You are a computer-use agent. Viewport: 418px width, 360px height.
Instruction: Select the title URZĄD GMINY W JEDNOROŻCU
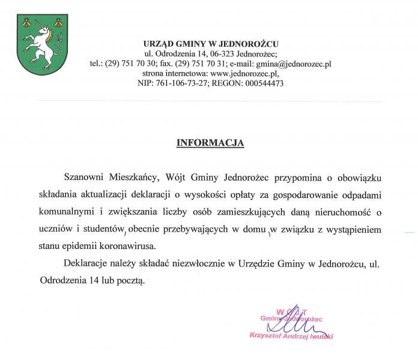coord(211,44)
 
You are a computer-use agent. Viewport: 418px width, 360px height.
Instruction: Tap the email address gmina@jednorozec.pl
coord(294,63)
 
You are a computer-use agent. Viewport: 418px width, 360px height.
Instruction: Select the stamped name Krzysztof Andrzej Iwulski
coord(291,337)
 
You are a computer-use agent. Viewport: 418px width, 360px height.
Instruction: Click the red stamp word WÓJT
coord(291,311)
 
